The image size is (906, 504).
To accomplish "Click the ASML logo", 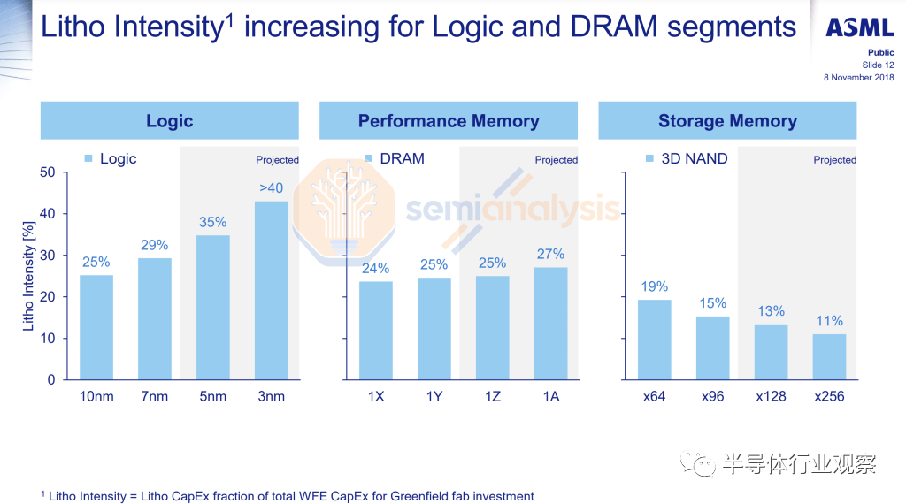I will tap(859, 28).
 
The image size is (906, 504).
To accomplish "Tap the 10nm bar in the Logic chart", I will tap(96, 327).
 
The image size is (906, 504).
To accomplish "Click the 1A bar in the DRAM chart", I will tap(550, 324).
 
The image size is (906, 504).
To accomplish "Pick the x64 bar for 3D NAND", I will tap(655, 340).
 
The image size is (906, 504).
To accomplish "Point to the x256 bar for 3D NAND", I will tap(829, 356).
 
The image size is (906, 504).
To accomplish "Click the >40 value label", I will tap(272, 188).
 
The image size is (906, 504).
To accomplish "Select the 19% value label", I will tap(655, 287).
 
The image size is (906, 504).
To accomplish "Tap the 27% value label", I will tap(550, 255).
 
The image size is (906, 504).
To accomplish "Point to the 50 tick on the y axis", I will tap(47, 172).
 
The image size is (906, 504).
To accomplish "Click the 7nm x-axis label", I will tap(155, 397).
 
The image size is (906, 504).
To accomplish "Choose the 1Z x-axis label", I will tap(492, 397).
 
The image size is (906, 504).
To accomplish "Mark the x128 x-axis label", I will tap(771, 397).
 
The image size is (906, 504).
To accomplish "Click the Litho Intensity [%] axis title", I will tap(28, 276).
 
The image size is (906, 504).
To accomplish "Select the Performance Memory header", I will tap(449, 121).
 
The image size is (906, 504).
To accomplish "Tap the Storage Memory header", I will tap(727, 121).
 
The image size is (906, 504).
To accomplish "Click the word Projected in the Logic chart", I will tap(277, 160).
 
